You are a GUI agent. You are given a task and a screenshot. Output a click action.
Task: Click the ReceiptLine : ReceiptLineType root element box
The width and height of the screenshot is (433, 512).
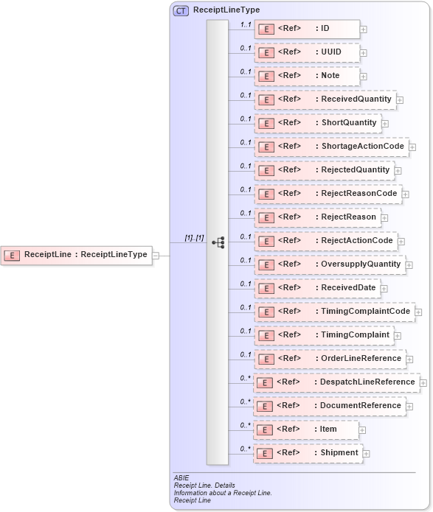[77, 255]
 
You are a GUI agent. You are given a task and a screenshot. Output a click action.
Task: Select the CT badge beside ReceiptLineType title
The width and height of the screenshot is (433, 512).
[181, 11]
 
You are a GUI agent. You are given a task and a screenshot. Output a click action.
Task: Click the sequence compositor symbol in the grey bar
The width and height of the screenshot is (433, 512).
[218, 242]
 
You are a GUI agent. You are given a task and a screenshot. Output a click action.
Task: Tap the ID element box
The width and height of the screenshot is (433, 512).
[307, 29]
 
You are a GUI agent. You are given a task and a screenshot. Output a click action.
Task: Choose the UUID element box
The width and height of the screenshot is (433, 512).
[307, 52]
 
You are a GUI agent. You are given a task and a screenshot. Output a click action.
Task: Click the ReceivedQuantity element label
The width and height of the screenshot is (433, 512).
[355, 99]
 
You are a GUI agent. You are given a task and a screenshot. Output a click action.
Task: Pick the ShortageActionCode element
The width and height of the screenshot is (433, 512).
[331, 147]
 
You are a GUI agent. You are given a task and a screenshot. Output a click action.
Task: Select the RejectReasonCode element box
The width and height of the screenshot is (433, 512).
[328, 194]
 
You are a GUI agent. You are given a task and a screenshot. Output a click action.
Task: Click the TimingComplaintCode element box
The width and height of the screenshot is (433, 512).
[333, 312]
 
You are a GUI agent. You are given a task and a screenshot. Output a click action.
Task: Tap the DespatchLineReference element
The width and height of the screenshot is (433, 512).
[336, 382]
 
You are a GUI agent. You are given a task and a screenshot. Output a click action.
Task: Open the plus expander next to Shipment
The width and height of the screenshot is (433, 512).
[367, 454]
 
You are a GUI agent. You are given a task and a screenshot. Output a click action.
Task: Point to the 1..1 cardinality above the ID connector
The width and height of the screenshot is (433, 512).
[246, 24]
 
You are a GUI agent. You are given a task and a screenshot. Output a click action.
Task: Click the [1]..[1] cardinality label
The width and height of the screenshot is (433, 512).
[194, 239]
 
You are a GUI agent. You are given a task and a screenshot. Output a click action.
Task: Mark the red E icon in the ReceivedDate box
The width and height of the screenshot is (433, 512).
[266, 288]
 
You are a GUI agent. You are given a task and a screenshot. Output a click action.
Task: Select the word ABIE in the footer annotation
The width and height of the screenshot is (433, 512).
[181, 478]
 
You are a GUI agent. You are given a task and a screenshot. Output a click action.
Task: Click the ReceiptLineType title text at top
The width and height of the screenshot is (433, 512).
[226, 10]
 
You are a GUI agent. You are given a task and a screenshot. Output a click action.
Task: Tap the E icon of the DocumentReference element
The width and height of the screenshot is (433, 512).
[264, 406]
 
